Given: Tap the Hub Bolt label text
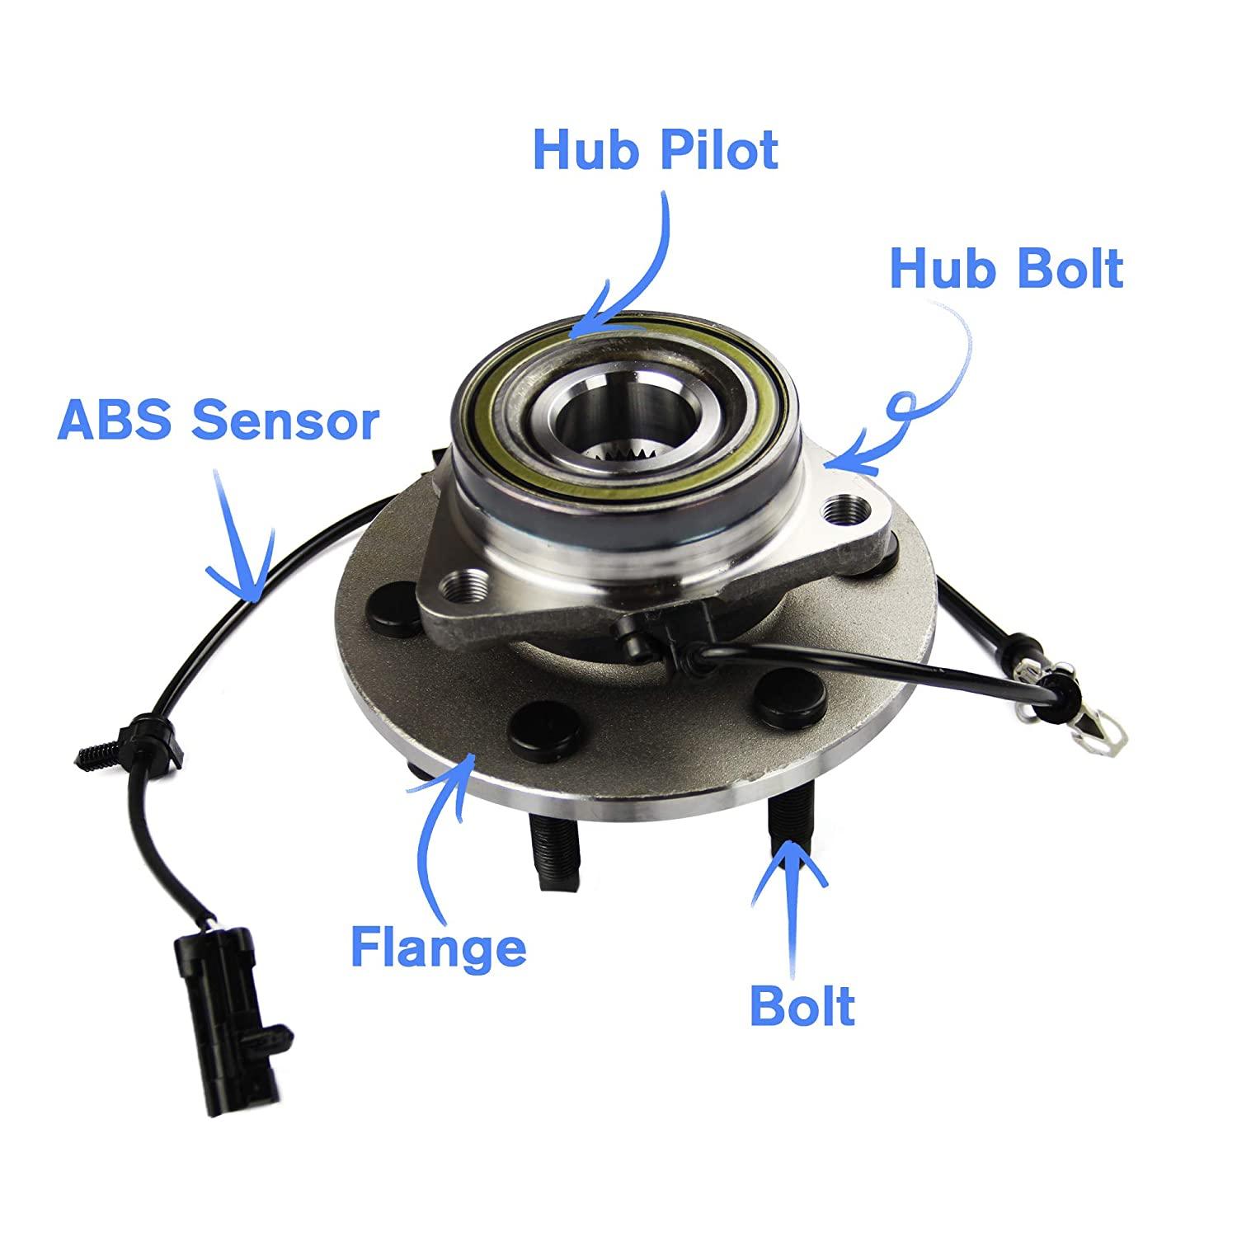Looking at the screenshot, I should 1006,269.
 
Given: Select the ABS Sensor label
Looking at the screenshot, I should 219,421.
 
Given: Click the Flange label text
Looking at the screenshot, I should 438,946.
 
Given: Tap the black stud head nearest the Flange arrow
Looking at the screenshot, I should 529,725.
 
